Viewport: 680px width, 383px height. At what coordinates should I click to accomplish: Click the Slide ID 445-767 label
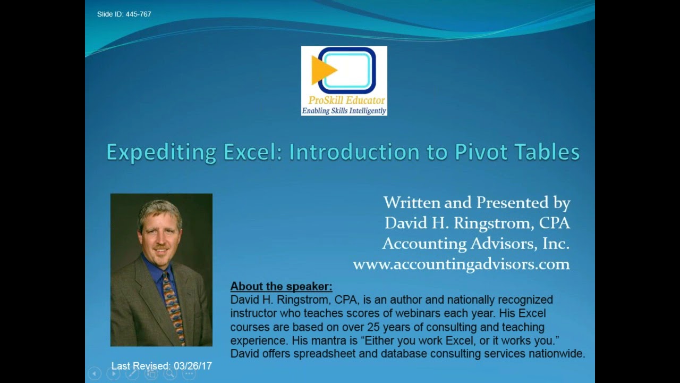click(124, 14)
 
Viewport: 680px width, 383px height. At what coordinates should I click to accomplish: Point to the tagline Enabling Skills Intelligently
click(344, 111)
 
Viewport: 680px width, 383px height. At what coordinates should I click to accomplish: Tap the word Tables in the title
click(550, 152)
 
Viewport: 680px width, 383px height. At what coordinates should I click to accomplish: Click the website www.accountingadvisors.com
click(461, 264)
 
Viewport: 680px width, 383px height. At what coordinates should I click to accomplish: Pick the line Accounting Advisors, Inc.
click(475, 244)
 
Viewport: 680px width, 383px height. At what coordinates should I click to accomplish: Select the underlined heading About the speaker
click(281, 286)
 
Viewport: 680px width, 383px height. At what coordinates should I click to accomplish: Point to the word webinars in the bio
click(457, 313)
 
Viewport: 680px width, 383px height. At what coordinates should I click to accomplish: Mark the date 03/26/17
click(192, 366)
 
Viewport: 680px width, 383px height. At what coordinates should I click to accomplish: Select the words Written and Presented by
click(477, 203)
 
